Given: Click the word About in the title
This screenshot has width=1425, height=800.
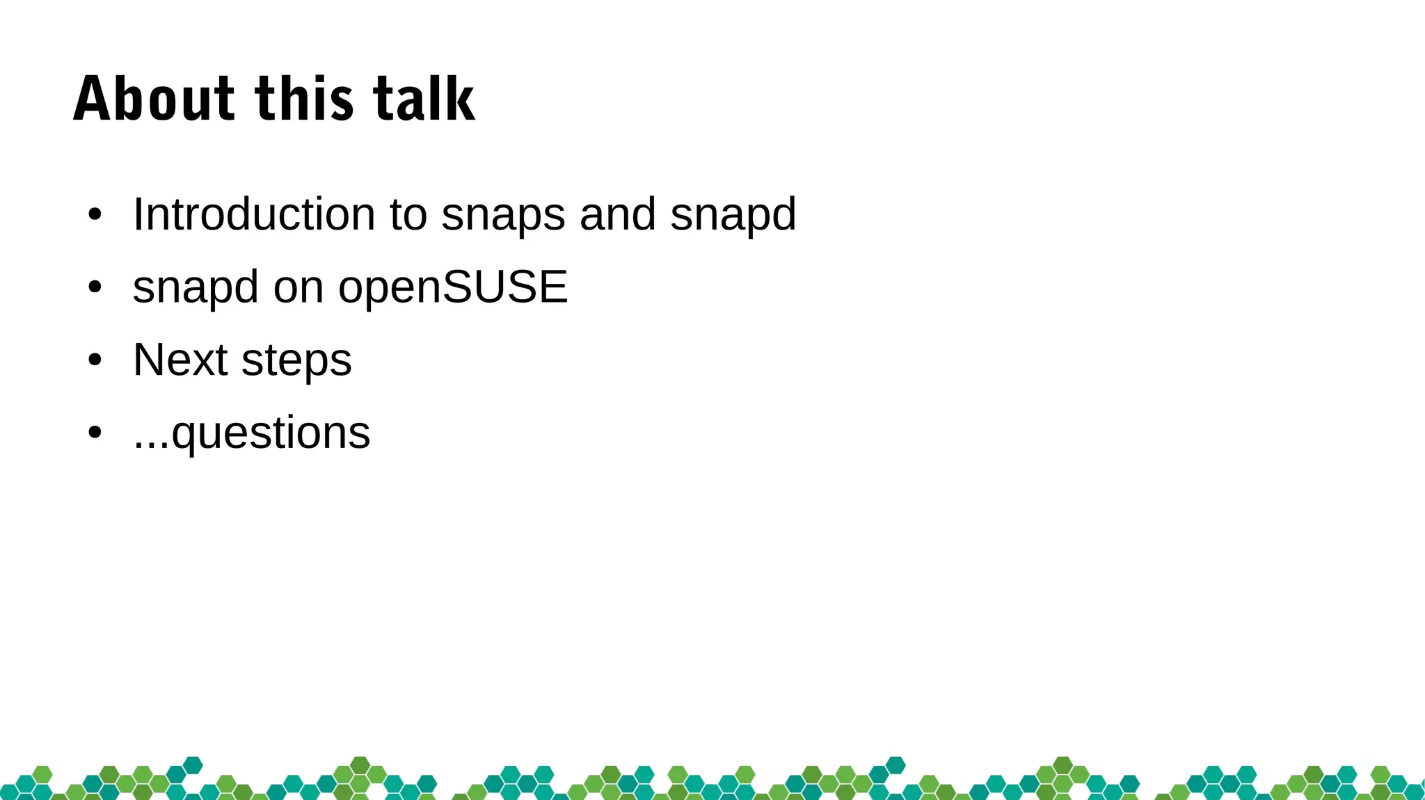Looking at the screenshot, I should click(154, 99).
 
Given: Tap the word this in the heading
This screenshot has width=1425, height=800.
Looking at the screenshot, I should click(305, 99).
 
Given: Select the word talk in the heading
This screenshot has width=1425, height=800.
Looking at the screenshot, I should click(424, 99).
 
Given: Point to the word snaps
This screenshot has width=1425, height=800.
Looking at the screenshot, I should click(503, 215).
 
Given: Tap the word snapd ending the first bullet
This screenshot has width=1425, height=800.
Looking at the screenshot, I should click(733, 215).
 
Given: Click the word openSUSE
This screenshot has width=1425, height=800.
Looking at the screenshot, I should click(453, 287).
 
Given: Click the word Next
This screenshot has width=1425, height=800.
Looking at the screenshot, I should click(180, 360).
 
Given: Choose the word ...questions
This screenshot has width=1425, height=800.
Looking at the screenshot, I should click(252, 433).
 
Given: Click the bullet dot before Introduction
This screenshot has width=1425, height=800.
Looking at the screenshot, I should click(95, 215).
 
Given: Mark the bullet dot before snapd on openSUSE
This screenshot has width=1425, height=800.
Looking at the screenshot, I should click(95, 287).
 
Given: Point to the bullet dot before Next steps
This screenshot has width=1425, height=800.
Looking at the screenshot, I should click(95, 360).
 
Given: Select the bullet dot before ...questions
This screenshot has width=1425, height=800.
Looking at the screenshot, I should click(95, 433).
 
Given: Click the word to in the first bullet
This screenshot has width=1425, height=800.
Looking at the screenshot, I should click(408, 214).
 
